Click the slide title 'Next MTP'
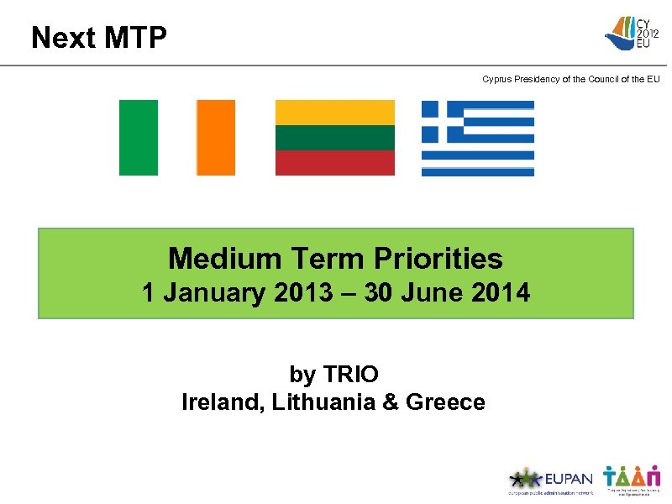[x=98, y=38]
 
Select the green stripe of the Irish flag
[x=138, y=138]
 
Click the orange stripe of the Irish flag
[x=216, y=138]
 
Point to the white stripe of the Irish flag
[x=177, y=138]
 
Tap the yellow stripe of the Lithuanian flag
[x=335, y=113]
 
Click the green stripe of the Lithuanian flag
[x=335, y=138]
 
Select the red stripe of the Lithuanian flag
[x=335, y=163]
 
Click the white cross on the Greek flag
[x=441, y=121]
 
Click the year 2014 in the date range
[x=501, y=293]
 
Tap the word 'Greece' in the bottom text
[x=445, y=402]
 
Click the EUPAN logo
[x=550, y=480]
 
